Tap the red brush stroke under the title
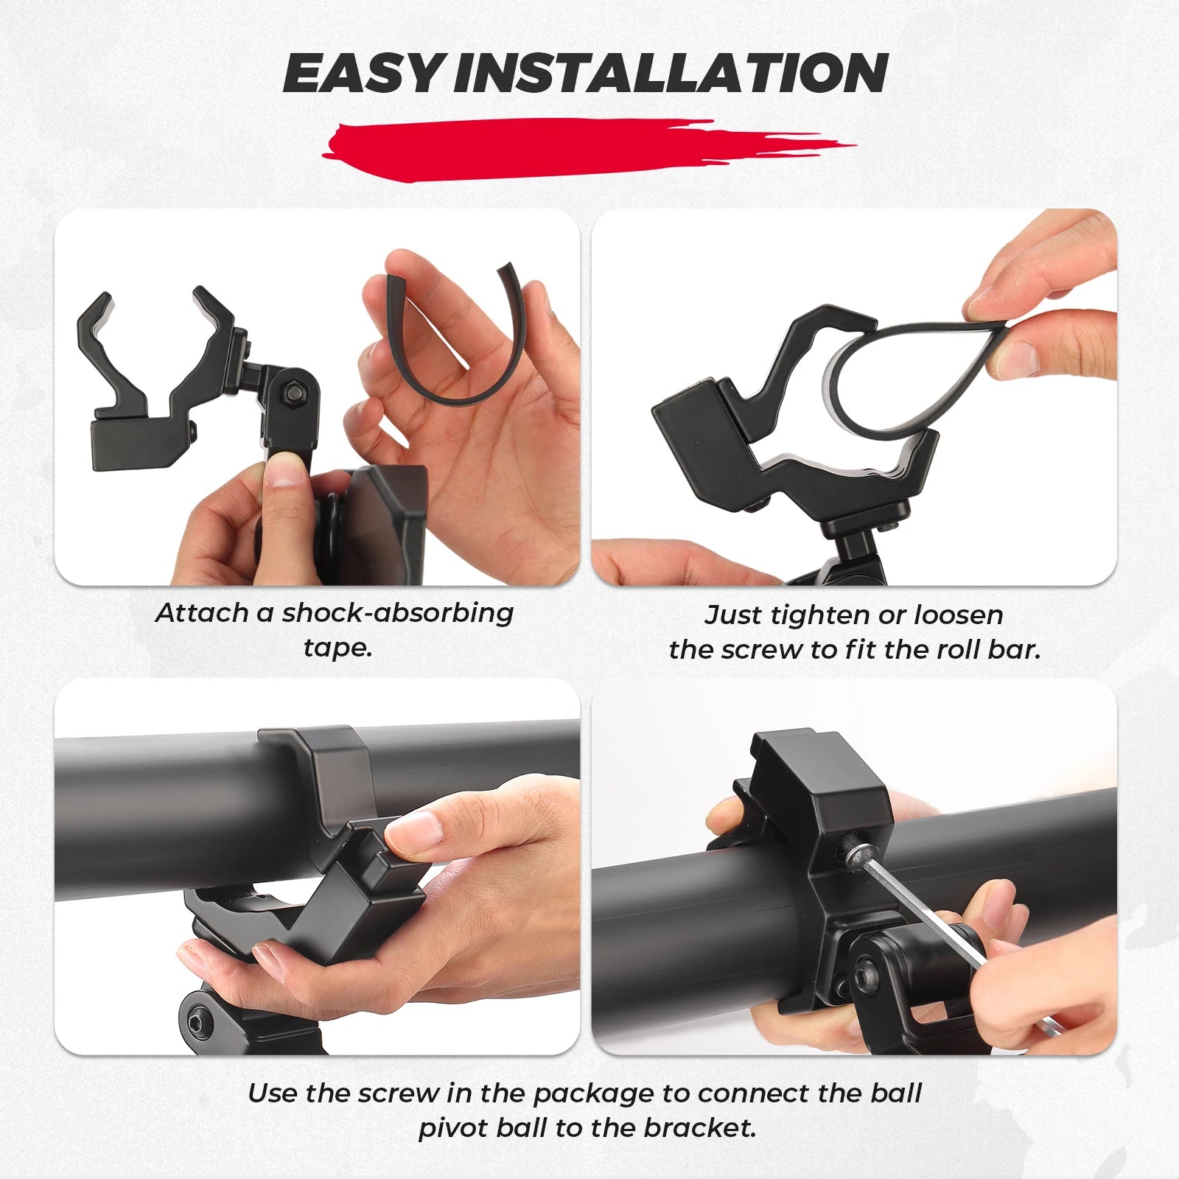pos(588,149)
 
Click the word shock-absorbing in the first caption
pos(398,614)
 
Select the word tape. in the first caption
pos(337,648)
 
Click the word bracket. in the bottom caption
pos(700,1128)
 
